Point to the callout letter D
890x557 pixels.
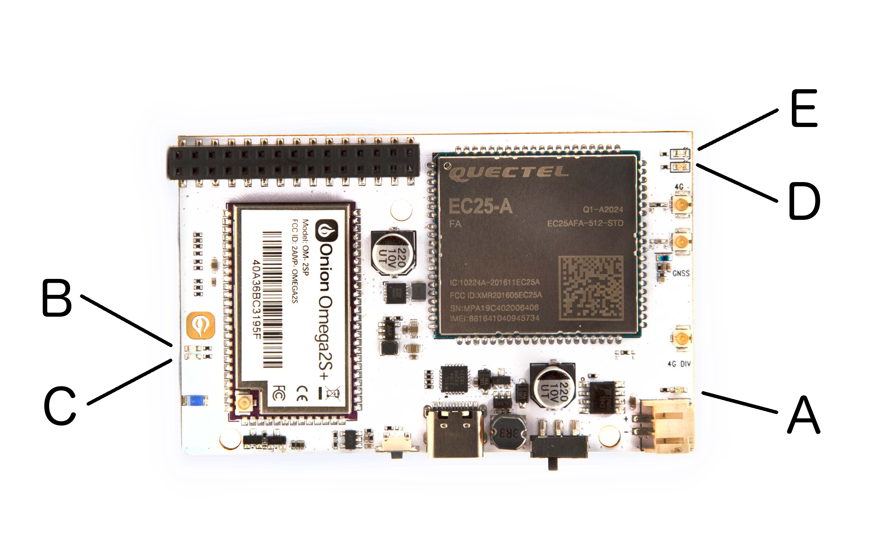[804, 202]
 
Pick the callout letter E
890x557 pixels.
[804, 108]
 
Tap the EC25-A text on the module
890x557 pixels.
[480, 206]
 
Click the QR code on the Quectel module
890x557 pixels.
[591, 287]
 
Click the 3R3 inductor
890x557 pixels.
[509, 433]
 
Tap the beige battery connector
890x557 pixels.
[667, 426]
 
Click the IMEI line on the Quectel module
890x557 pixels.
[494, 318]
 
